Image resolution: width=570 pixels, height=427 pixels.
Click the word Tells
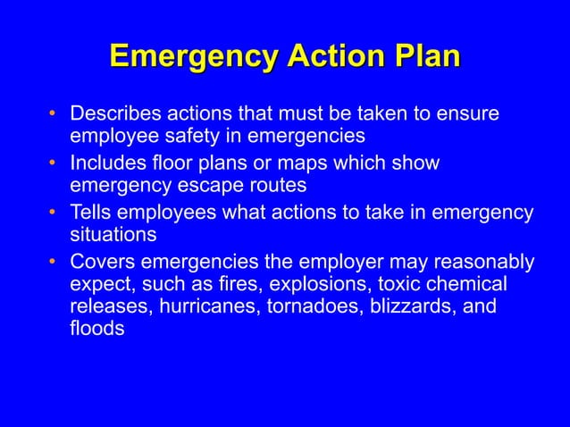(91, 212)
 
